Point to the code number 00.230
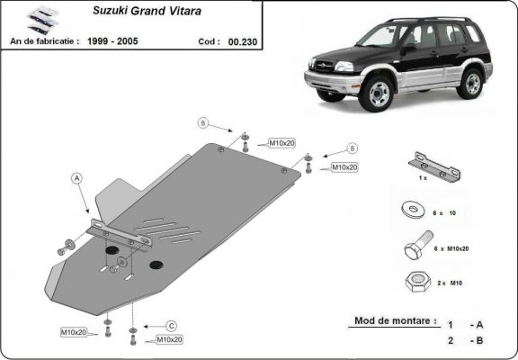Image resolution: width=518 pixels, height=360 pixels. [x=242, y=41]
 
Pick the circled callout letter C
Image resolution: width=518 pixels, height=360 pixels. [x=171, y=325]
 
